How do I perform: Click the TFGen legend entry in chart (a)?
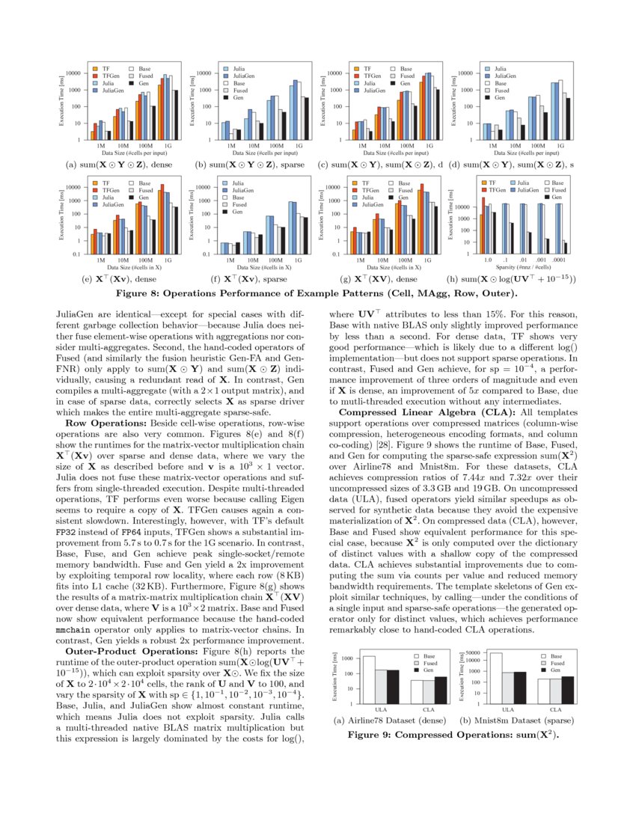point(108,76)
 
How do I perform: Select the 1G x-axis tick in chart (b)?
point(298,146)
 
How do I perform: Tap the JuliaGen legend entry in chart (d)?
point(504,76)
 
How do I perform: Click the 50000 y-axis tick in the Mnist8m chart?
point(471,652)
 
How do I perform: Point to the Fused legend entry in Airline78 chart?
point(432,664)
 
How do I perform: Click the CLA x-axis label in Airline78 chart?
point(429,709)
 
